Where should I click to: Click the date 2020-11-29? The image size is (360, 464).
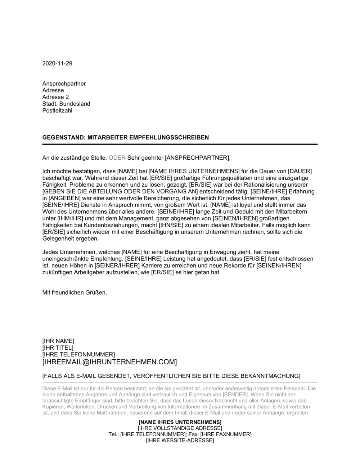pos(57,63)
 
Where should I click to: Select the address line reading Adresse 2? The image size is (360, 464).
pos(55,97)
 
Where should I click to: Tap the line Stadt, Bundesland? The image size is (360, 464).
pos(66,104)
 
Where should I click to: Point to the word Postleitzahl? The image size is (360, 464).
pos(57,111)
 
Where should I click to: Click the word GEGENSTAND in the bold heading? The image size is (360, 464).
pos(60,138)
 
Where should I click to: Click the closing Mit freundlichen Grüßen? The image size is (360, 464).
pos(75,292)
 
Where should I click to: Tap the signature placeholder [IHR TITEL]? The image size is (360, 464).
pos(58,348)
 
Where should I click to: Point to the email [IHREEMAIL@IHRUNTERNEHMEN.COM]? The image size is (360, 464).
pos(109,361)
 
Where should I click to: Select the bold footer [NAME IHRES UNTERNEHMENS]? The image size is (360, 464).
pos(180,422)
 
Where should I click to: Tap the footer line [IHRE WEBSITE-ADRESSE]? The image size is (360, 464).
pos(180,440)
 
